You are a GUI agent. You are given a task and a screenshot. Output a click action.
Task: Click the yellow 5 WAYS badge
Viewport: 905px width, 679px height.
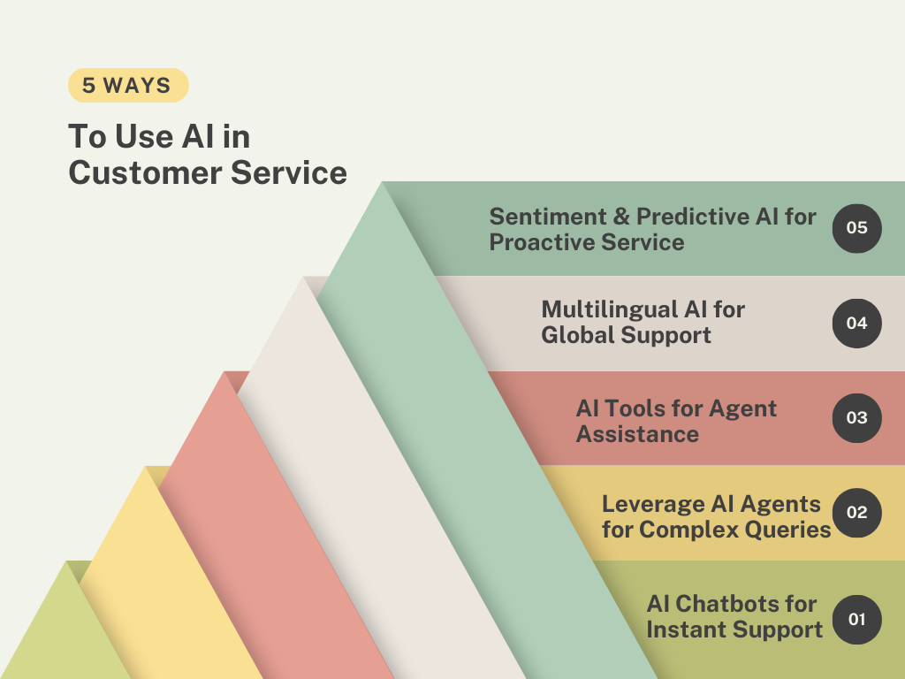(x=128, y=86)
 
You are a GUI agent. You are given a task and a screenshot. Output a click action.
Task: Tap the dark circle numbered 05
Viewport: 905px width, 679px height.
(x=856, y=228)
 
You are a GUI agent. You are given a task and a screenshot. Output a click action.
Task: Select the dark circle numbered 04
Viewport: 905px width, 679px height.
(x=856, y=324)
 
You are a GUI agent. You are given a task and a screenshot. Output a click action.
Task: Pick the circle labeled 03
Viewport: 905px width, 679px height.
(x=856, y=418)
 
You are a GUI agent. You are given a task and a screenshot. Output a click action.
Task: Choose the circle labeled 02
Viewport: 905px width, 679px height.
(x=856, y=513)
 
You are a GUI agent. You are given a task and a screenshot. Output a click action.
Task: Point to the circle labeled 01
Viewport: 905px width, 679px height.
(x=856, y=620)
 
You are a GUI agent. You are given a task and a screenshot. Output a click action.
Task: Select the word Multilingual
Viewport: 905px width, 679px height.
(x=610, y=310)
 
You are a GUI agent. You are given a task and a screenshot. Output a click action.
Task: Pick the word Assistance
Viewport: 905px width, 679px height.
(x=637, y=434)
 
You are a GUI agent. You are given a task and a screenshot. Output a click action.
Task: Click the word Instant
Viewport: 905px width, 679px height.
(x=684, y=629)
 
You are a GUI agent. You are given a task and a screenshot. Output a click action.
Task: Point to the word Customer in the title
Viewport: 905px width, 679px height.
(x=145, y=172)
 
